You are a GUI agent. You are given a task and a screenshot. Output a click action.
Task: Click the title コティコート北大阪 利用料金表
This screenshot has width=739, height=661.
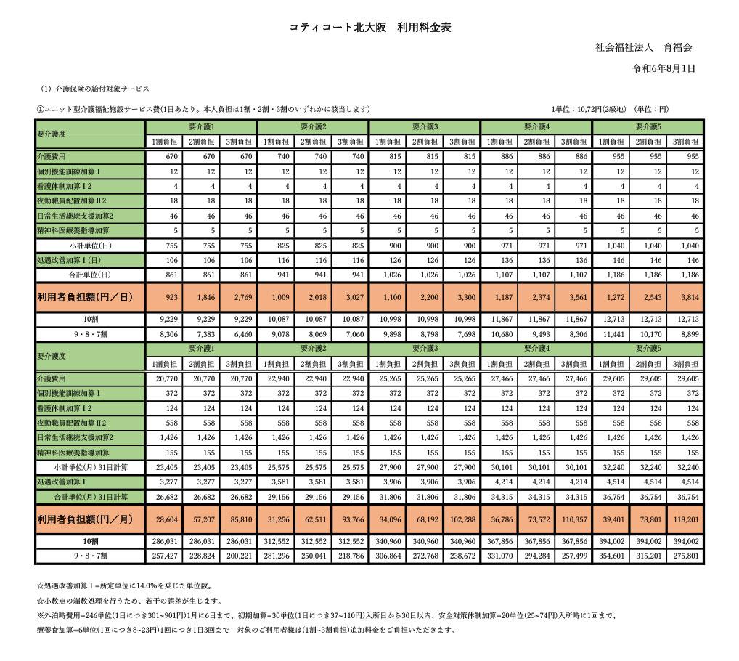click(x=370, y=28)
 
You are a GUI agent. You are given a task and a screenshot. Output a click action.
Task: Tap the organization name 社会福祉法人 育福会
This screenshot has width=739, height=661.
click(x=643, y=48)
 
